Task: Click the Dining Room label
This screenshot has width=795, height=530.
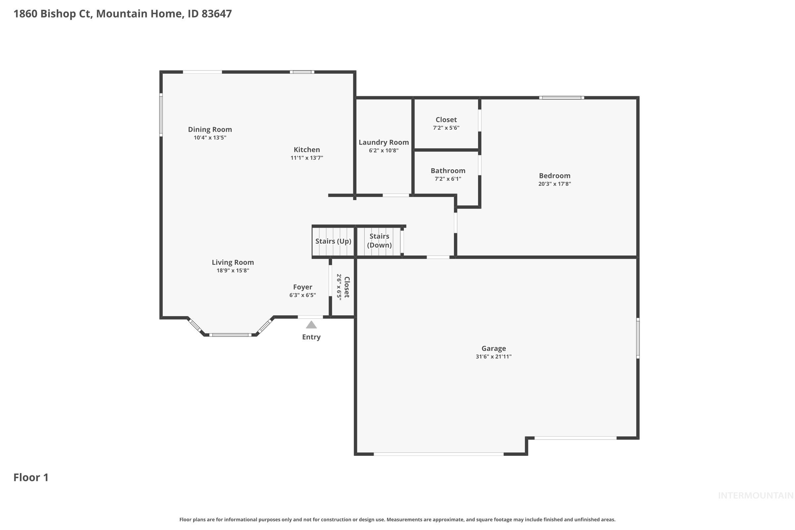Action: pyautogui.click(x=210, y=130)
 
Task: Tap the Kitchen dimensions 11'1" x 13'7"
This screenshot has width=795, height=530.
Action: pyautogui.click(x=307, y=158)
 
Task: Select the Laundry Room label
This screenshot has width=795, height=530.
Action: pyautogui.click(x=384, y=142)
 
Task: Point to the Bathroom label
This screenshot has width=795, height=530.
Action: pyautogui.click(x=448, y=171)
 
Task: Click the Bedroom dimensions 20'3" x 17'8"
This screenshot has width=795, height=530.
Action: pyautogui.click(x=554, y=184)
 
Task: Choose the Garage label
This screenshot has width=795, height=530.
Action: pyautogui.click(x=494, y=348)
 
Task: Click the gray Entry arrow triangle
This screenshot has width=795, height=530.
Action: pyautogui.click(x=311, y=325)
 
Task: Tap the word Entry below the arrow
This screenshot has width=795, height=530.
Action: pyautogui.click(x=311, y=337)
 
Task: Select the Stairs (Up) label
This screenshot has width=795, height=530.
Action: pyautogui.click(x=333, y=241)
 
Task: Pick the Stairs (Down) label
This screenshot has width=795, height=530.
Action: pyautogui.click(x=379, y=241)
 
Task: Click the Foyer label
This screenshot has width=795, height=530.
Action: pyautogui.click(x=302, y=287)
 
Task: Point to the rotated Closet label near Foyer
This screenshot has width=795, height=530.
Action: pyautogui.click(x=347, y=287)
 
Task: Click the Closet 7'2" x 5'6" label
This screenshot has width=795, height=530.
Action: pyautogui.click(x=446, y=120)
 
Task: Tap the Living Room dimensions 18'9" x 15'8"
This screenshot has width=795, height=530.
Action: pyautogui.click(x=233, y=270)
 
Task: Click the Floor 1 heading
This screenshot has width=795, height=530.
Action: pyautogui.click(x=31, y=477)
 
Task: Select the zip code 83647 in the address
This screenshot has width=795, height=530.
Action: pyautogui.click(x=217, y=14)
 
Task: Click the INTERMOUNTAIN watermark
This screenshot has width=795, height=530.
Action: pyautogui.click(x=755, y=496)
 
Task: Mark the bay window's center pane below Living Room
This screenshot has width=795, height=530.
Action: pyautogui.click(x=230, y=335)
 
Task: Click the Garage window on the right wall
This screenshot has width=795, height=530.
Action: pyautogui.click(x=638, y=338)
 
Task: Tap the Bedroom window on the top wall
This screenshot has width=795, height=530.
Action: pyautogui.click(x=561, y=98)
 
